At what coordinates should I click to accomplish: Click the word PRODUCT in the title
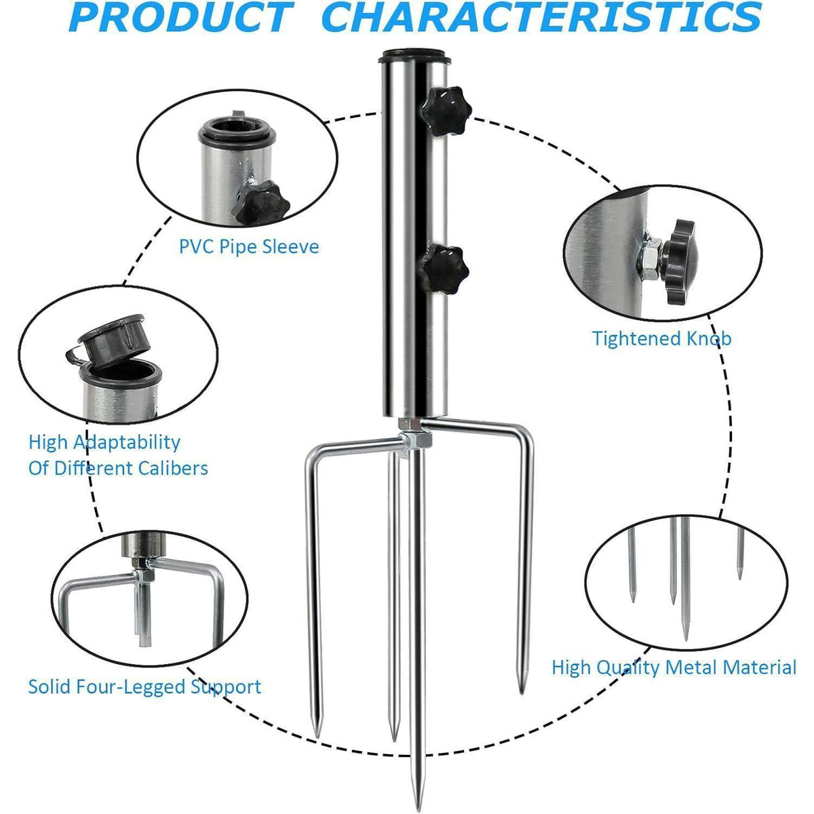pyautogui.click(x=182, y=17)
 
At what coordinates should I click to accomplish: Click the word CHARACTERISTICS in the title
pyautogui.click(x=543, y=17)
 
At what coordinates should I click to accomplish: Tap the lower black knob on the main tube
pyautogui.click(x=443, y=269)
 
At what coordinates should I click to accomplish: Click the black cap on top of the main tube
pyautogui.click(x=414, y=56)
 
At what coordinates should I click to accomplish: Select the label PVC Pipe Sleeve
pyautogui.click(x=249, y=247)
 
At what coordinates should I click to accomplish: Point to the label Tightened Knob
pyautogui.click(x=661, y=338)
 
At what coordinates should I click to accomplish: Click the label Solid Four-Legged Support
pyautogui.click(x=145, y=686)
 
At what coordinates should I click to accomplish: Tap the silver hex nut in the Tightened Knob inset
pyautogui.click(x=651, y=258)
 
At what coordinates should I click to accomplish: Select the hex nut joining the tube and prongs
pyautogui.click(x=416, y=440)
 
